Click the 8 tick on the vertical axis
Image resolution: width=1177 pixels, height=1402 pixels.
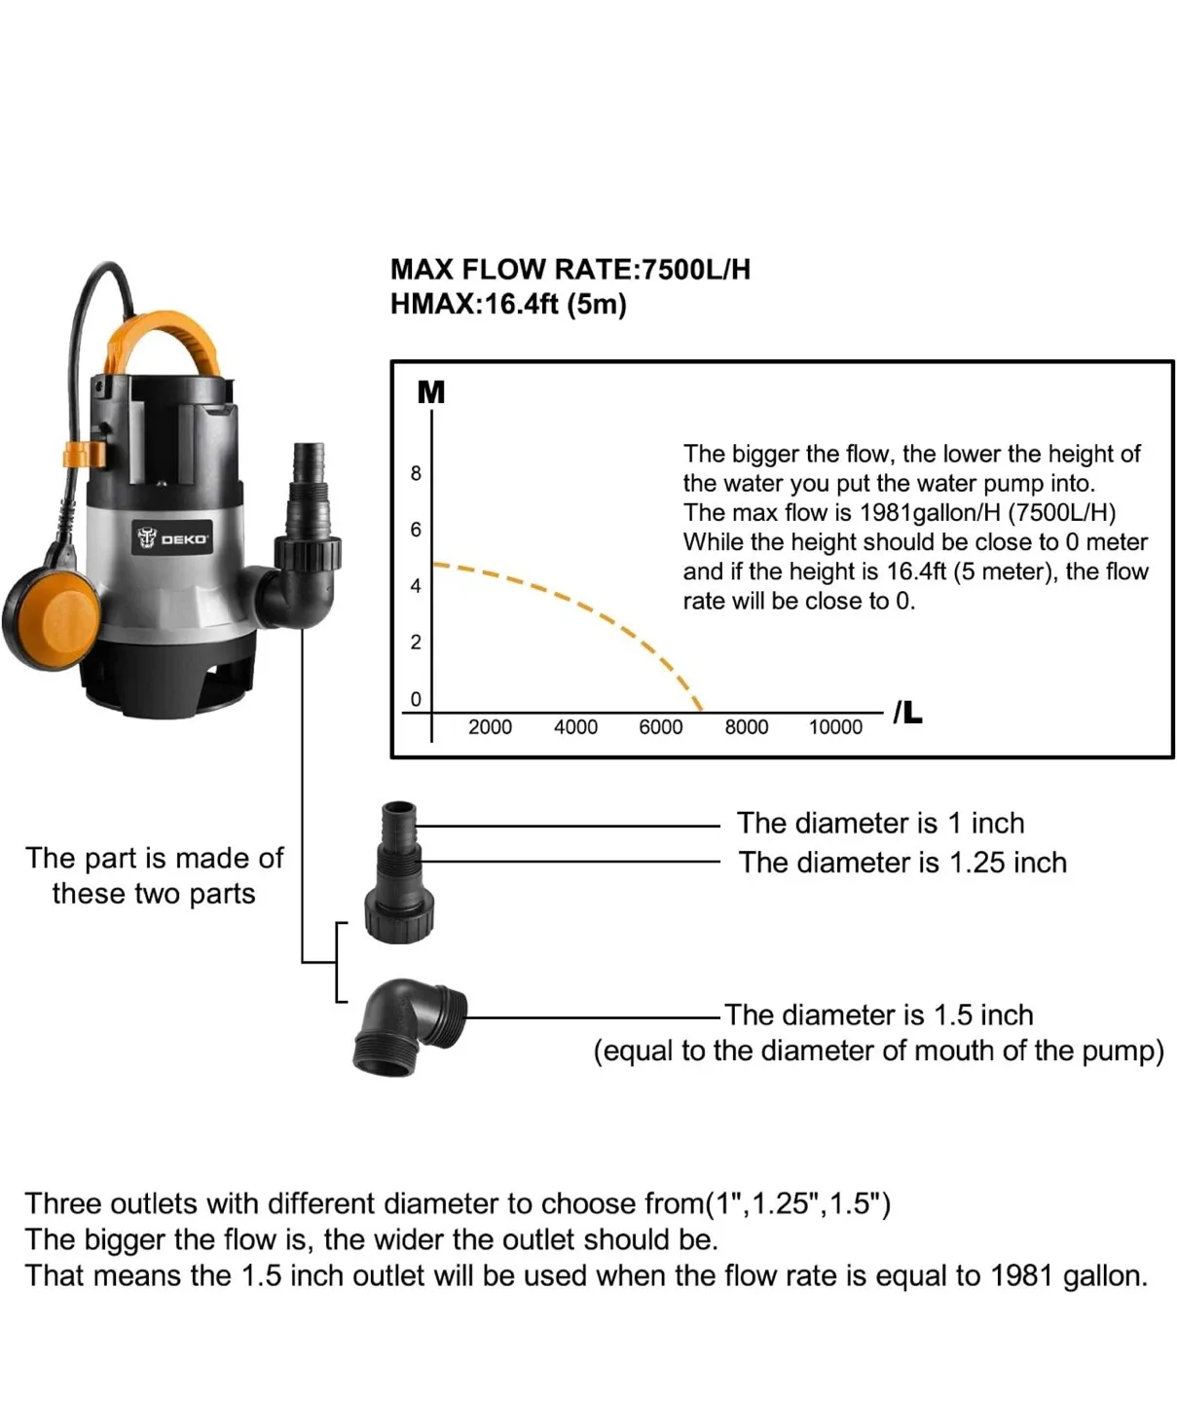pos(416,474)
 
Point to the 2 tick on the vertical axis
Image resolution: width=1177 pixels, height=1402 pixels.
pos(416,643)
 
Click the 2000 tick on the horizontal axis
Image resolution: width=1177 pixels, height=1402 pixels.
pos(490,727)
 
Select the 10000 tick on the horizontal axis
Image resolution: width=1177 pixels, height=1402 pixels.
pos(835,727)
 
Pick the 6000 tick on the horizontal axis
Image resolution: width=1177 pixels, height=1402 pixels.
pos(660,727)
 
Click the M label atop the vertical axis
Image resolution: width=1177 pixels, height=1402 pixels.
pos(430,392)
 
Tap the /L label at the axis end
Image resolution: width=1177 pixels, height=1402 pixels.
pos(907,713)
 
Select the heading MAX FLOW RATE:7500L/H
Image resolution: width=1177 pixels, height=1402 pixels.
pos(570,270)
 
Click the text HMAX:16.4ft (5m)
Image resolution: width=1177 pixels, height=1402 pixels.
pos(508,305)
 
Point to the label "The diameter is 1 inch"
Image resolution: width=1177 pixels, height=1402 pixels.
pos(880,824)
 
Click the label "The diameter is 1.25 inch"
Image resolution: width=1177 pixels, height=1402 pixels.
pos(902,863)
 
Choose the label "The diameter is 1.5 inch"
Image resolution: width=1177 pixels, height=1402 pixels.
pos(878,1015)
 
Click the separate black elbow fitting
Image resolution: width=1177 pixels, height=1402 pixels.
pos(406,1027)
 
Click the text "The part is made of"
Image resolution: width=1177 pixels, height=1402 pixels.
pos(154,858)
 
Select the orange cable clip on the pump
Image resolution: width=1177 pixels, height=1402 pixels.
pos(84,454)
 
